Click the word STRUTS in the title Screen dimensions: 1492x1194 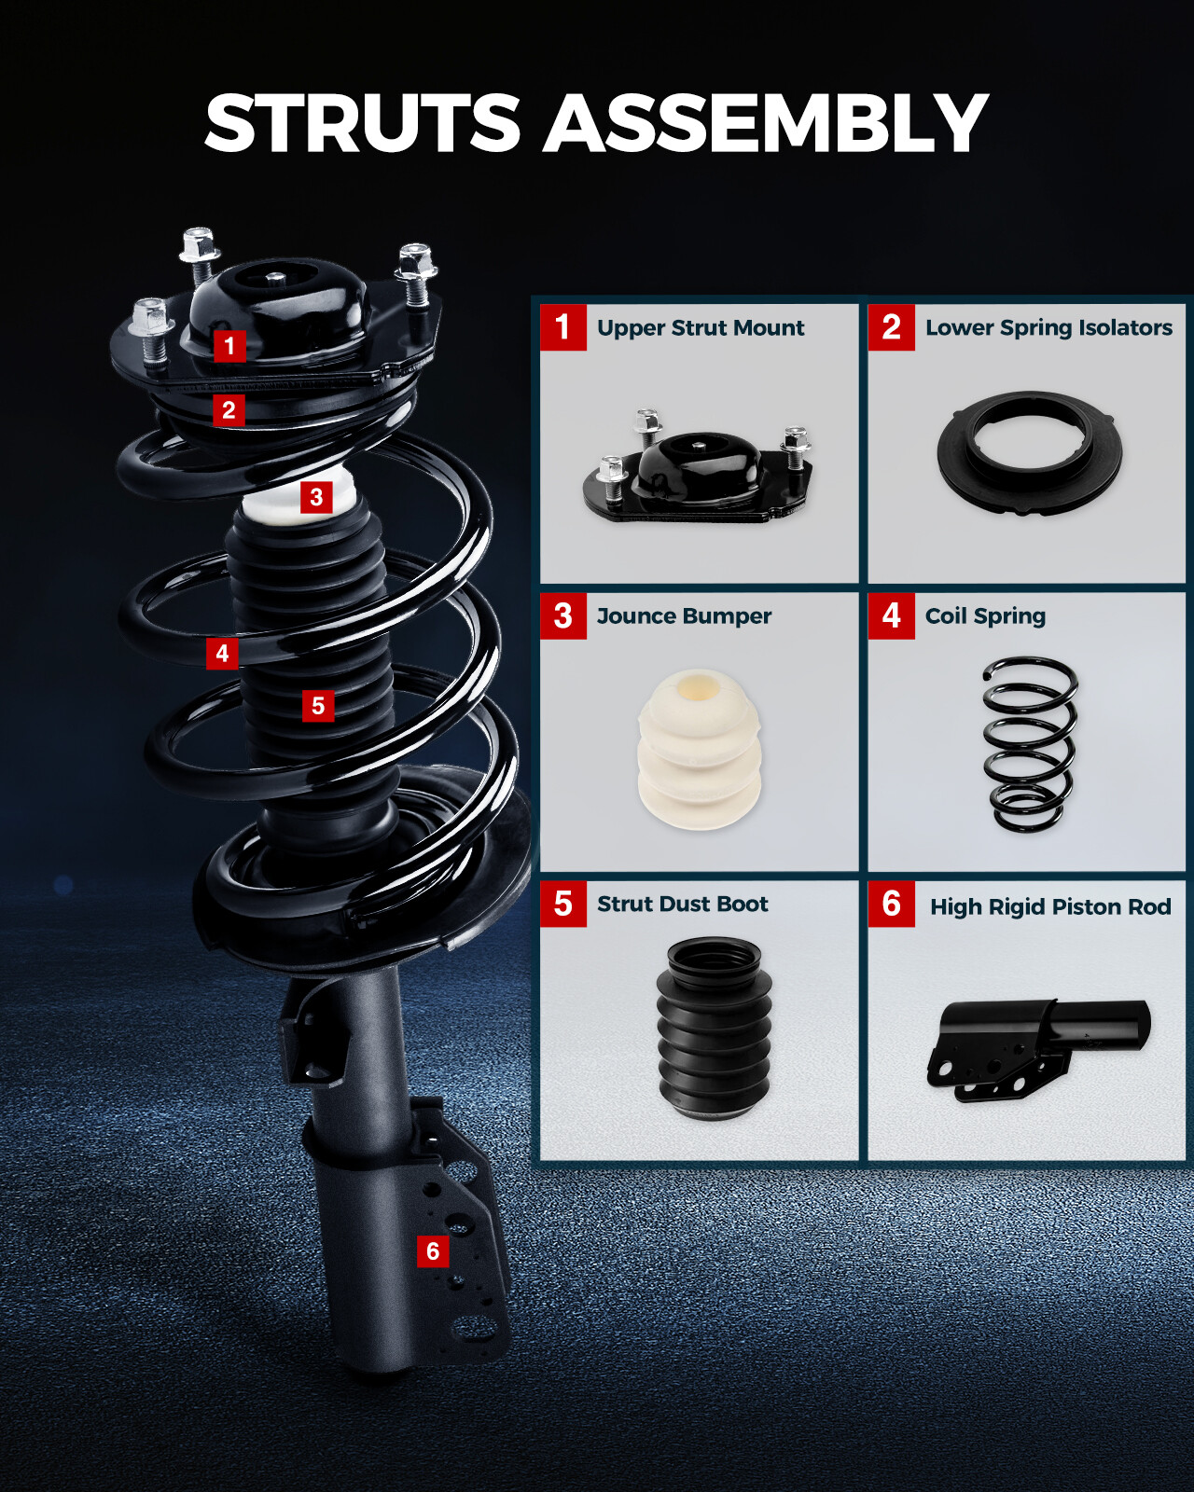point(362,124)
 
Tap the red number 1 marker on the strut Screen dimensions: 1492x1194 point(229,346)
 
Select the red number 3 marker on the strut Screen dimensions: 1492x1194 point(316,497)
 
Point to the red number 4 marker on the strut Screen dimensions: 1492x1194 point(222,654)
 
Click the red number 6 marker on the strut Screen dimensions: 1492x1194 point(433,1251)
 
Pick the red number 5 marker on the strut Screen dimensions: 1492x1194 point(318,706)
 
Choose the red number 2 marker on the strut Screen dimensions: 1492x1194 point(229,410)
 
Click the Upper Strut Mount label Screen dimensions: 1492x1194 point(701,328)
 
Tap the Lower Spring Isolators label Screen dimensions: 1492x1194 point(1048,328)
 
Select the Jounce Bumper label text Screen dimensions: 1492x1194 point(684,616)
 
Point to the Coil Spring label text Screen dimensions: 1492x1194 point(985,616)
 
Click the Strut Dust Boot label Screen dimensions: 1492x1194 point(682,905)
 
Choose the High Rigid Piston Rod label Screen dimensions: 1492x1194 point(1050,907)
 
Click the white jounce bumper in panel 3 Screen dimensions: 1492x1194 point(700,750)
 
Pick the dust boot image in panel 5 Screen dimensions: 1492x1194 point(714,1028)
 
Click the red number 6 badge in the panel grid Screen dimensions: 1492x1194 point(891,904)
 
